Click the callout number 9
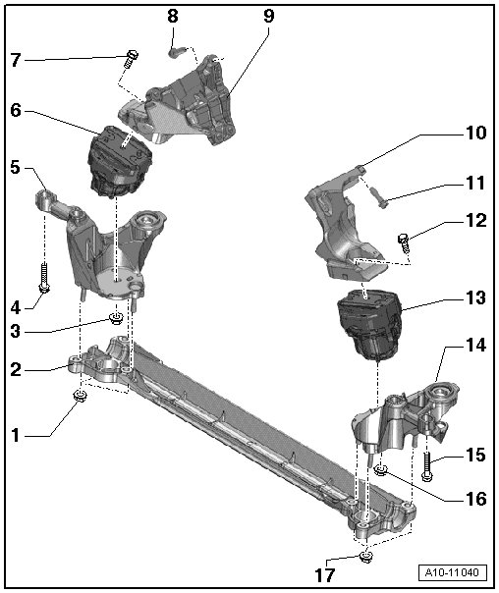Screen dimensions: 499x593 (268, 17)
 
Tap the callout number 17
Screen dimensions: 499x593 (325, 575)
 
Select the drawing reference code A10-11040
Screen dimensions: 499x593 (453, 572)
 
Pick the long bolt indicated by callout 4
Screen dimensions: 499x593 (44, 279)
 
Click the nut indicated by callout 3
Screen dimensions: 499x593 (116, 318)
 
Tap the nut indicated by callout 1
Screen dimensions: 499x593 (81, 397)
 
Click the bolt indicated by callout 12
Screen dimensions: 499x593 (405, 243)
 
